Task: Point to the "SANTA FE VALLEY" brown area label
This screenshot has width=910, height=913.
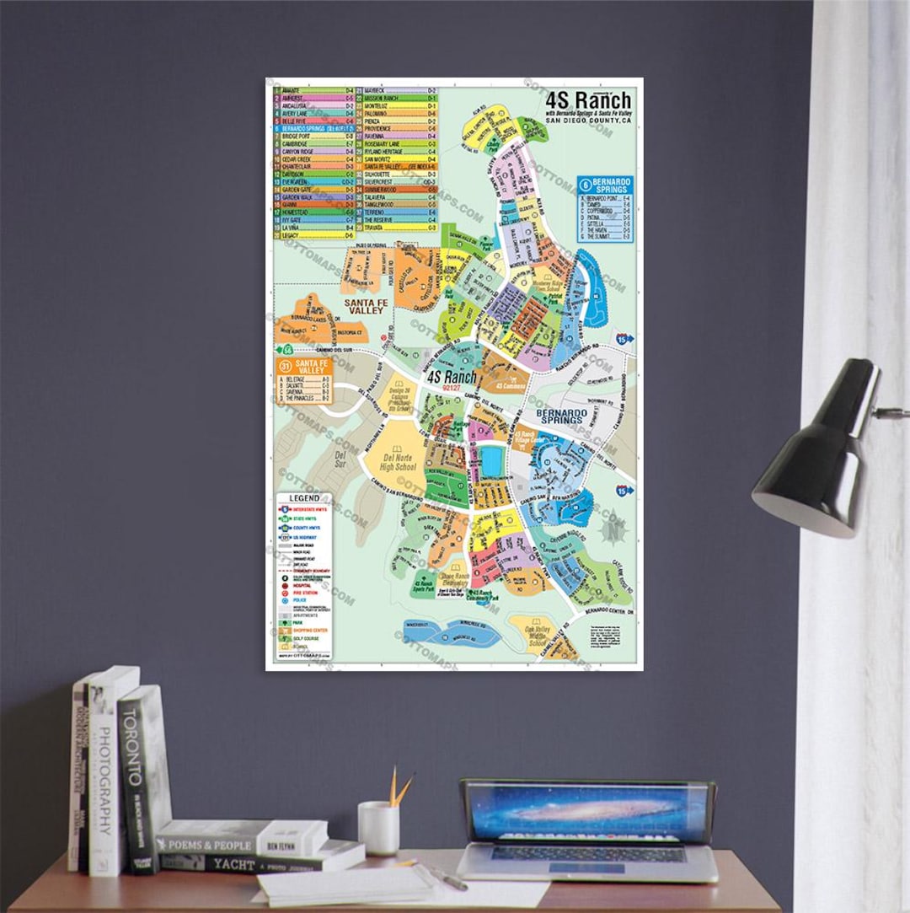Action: (x=363, y=305)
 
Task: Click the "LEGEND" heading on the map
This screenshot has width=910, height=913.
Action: (x=304, y=498)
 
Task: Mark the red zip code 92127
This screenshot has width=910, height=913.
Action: (x=451, y=389)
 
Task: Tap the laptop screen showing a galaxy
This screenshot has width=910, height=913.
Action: (x=588, y=811)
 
